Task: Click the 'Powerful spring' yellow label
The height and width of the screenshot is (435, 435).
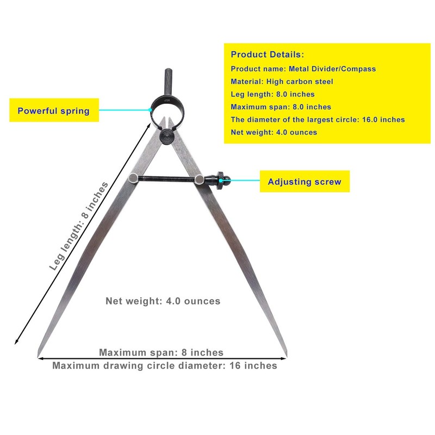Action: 54,110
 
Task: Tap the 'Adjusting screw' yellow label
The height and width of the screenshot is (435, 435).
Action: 304,182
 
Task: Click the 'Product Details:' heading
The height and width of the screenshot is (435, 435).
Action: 268,54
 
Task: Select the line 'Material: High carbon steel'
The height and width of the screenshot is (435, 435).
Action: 282,82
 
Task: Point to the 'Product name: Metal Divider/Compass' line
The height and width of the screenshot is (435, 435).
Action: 303,69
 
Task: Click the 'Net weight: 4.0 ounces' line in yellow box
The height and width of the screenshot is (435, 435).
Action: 274,132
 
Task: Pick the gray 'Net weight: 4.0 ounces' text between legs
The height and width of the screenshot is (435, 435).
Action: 163,301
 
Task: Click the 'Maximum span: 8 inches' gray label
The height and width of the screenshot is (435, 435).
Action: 161,352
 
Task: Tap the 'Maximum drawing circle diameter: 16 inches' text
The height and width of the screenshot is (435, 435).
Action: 165,365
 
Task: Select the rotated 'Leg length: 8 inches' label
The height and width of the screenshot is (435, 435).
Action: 79,226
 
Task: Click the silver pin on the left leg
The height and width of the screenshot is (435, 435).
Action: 133,177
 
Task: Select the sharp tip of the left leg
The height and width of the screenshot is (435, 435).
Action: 38,357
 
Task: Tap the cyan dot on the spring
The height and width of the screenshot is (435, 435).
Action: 150,110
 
